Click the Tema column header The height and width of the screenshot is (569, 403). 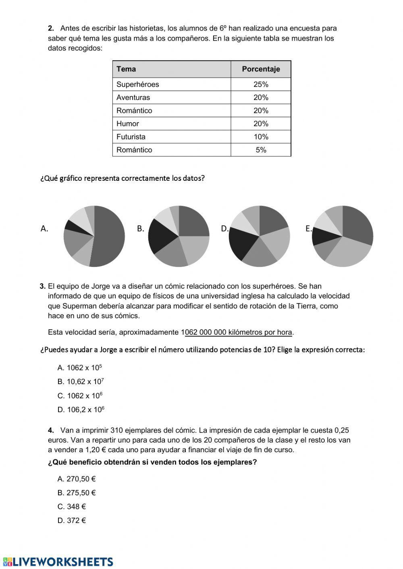tap(126, 69)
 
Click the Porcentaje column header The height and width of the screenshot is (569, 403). tap(261, 69)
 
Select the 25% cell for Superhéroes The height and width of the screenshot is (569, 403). tap(261, 84)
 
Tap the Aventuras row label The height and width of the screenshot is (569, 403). tap(133, 97)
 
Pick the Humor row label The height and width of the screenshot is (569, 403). tap(127, 124)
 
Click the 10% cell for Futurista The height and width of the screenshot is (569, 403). tap(261, 137)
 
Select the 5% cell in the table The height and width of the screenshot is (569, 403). tap(261, 150)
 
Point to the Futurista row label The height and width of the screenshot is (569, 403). tap(131, 137)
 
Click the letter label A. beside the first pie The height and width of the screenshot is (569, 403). tap(44, 229)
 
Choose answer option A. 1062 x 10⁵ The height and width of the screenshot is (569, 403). tap(80, 368)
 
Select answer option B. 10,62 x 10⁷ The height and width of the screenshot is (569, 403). tap(81, 381)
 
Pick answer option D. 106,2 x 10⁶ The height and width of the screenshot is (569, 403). tap(81, 410)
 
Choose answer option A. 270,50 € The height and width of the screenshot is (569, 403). tap(77, 479)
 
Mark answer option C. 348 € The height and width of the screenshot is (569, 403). tap(72, 507)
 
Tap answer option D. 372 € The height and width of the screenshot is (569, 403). tap(72, 520)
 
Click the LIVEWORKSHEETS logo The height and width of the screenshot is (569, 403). tap(58, 562)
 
